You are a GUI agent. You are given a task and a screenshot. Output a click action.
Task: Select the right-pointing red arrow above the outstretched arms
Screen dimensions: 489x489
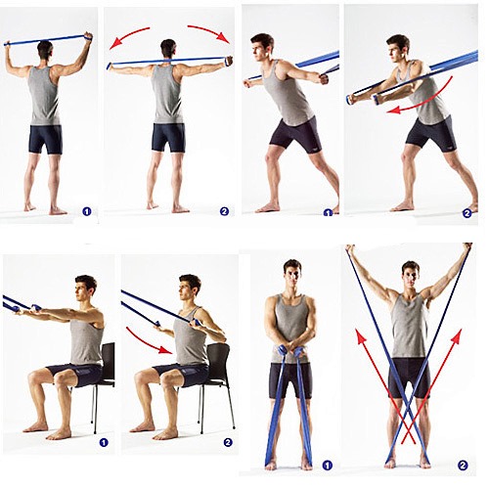[x=211, y=31]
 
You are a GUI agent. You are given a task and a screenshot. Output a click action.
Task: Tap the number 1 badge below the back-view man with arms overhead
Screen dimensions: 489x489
[x=87, y=211]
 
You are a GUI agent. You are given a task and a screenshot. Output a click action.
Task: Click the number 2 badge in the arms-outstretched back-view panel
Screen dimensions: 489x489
[x=224, y=211]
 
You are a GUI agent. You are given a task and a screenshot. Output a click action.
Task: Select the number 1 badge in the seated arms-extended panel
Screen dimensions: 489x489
[x=104, y=442]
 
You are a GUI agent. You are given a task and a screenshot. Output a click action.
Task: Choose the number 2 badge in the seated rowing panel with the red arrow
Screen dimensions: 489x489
[x=228, y=442]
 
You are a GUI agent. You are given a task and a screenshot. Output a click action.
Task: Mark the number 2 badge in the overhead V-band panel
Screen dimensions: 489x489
[x=463, y=466]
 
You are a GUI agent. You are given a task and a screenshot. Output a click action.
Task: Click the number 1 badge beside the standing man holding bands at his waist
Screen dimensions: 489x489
[x=327, y=466]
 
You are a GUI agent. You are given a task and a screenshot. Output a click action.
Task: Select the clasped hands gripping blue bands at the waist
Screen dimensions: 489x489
[x=291, y=352]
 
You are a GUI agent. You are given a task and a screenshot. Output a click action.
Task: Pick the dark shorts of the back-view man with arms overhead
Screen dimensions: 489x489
[x=46, y=139]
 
